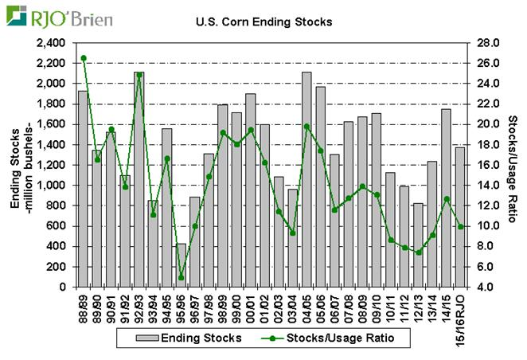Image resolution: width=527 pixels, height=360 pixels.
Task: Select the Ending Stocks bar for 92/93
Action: (139, 179)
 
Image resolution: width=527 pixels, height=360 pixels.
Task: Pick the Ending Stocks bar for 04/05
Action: (306, 179)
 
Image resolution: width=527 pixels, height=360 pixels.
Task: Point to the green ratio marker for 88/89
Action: (83, 58)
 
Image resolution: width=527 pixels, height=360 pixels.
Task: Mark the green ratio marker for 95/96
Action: (181, 277)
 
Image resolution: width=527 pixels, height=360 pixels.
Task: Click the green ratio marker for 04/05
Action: (306, 126)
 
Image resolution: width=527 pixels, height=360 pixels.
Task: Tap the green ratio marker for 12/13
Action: (418, 252)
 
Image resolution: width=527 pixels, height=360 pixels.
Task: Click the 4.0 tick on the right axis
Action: (486, 287)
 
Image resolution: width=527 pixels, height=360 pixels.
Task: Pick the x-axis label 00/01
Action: (251, 307)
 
